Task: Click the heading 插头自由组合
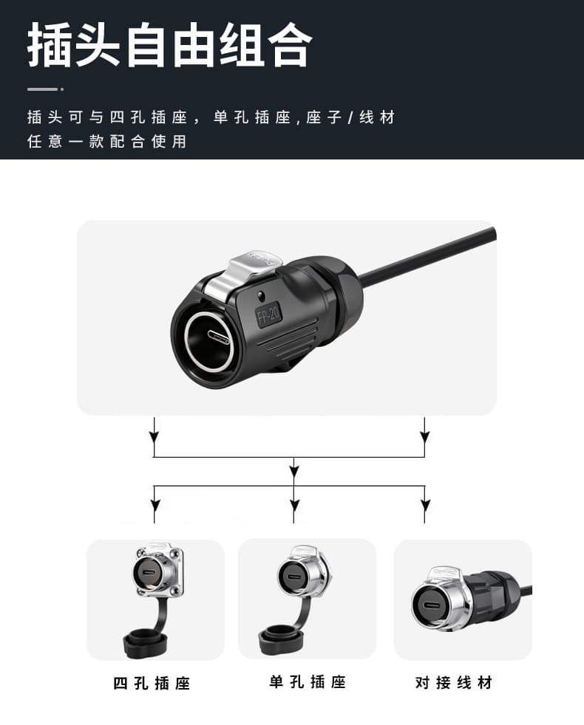(170, 45)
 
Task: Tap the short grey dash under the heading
(42, 89)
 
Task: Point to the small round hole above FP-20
(262, 295)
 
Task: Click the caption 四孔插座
(152, 683)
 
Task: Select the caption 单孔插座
(308, 681)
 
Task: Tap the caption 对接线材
(454, 682)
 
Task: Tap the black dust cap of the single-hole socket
(280, 639)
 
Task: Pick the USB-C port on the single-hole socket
(293, 578)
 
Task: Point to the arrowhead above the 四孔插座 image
(155, 504)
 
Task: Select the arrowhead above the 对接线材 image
(424, 504)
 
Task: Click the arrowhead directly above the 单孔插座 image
(293, 504)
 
